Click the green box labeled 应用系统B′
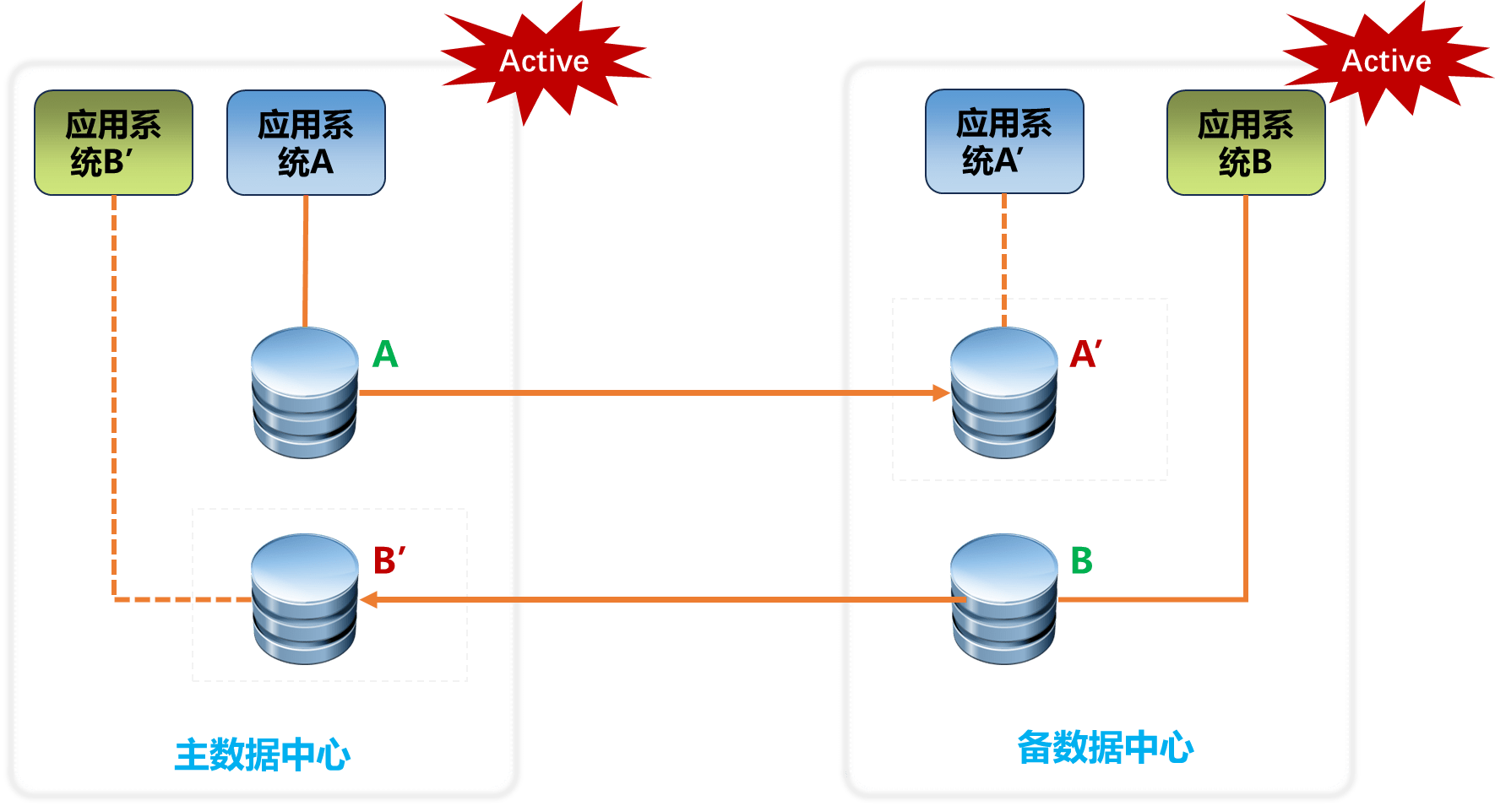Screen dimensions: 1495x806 point(113,143)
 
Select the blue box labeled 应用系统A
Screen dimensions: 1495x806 point(306,143)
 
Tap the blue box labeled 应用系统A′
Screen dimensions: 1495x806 point(1004,142)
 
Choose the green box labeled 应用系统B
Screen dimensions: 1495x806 point(1246,143)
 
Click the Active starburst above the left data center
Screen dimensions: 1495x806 point(544,62)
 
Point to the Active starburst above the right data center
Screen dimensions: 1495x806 point(1387,62)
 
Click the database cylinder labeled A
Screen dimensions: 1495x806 point(305,393)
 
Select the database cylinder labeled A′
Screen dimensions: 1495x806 point(1004,393)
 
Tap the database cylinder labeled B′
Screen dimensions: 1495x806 point(305,599)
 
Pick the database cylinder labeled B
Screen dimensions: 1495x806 point(1004,599)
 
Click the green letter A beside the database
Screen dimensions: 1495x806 point(385,354)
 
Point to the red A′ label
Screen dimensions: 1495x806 point(1086,354)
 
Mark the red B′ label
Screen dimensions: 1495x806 point(389,560)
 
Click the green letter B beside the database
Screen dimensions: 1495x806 point(1082,560)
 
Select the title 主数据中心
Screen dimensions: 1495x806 point(263,755)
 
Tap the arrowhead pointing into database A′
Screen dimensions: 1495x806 point(941,393)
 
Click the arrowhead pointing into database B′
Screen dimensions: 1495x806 point(368,599)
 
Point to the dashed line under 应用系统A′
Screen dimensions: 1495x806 point(1004,261)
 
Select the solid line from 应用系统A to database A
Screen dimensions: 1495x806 point(306,262)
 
